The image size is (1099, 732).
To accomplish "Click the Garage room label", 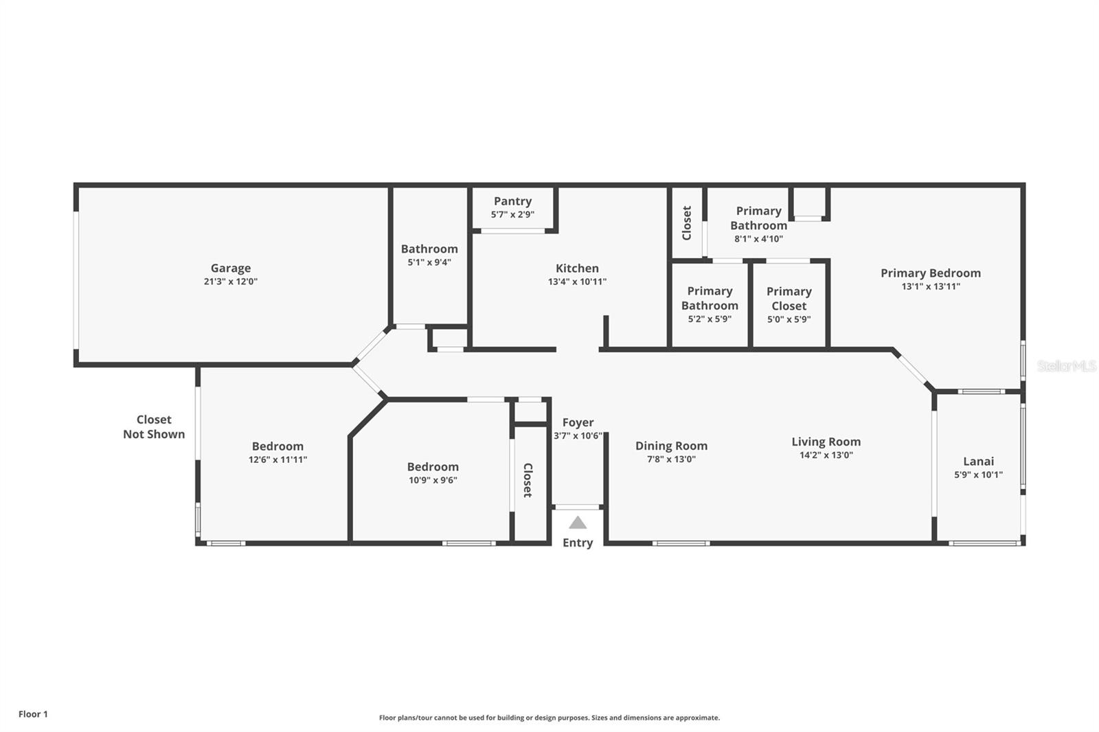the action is tap(231, 268).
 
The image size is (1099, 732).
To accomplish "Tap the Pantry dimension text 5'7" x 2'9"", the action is tap(512, 214).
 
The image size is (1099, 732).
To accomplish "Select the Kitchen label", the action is tap(577, 268).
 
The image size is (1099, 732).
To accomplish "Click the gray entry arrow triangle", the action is tap(578, 523).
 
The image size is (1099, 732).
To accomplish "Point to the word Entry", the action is tap(578, 542).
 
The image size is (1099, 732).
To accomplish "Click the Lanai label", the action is tap(978, 461).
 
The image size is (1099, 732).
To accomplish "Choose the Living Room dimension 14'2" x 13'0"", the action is tap(826, 455).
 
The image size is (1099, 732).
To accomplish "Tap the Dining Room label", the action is tap(671, 446).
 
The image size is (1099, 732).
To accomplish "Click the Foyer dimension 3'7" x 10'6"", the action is tap(578, 435).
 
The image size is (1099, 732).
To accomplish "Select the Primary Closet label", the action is tap(789, 298).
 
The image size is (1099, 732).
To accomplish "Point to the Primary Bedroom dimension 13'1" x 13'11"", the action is tap(931, 286).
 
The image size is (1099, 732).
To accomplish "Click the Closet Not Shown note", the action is tap(154, 427).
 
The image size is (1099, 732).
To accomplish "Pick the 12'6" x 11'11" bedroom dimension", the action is tap(277, 459).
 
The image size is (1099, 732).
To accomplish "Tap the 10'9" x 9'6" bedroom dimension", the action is tap(433, 480).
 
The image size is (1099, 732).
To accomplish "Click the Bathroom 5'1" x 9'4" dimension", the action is tap(429, 262).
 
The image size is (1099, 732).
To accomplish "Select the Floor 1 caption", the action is tap(34, 714).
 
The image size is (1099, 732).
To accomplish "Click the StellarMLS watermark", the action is tap(1067, 365).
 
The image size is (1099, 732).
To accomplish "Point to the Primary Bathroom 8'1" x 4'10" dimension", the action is tap(758, 239).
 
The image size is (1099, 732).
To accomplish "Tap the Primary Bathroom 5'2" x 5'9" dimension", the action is tap(710, 319).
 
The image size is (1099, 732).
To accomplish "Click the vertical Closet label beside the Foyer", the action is tap(528, 480).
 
